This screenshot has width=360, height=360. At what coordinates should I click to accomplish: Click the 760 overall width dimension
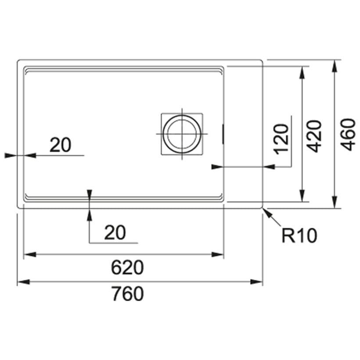pyautogui.click(x=128, y=294)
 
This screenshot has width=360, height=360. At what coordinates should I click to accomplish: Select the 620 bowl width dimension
pyautogui.click(x=127, y=267)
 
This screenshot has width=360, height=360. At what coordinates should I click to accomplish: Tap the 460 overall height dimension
pyautogui.click(x=348, y=134)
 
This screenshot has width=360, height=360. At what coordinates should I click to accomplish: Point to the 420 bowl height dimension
pyautogui.click(x=314, y=136)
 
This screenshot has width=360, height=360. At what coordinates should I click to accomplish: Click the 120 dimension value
pyautogui.click(x=281, y=139)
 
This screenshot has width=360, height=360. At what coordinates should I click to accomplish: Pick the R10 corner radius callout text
pyautogui.click(x=299, y=236)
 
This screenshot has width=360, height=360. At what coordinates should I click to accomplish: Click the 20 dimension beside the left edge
pyautogui.click(x=61, y=145)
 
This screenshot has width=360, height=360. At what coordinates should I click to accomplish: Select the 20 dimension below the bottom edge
pyautogui.click(x=115, y=233)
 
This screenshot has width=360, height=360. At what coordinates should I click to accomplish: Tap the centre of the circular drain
pyautogui.click(x=182, y=133)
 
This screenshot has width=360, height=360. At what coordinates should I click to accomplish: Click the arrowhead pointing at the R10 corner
pyautogui.click(x=267, y=212)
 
